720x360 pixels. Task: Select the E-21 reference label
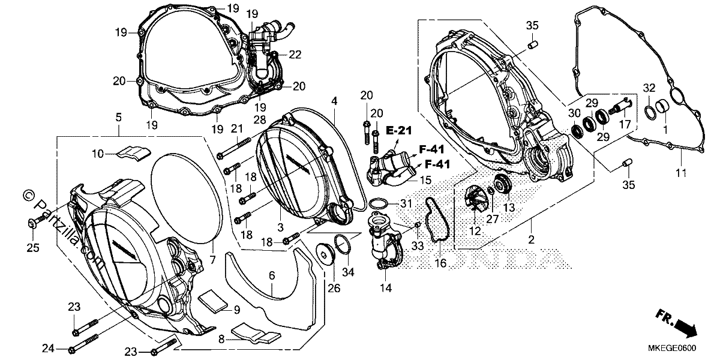click(x=399, y=131)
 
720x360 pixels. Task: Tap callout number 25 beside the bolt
click(x=33, y=247)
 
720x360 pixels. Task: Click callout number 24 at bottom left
click(x=48, y=349)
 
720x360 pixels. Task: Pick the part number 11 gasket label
click(x=681, y=173)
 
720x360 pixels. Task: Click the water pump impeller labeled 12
click(x=473, y=201)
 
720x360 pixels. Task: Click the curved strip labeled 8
click(x=256, y=333)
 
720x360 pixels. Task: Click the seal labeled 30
click(x=577, y=131)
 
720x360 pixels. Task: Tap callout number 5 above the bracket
click(x=119, y=118)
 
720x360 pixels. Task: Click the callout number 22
click(x=295, y=55)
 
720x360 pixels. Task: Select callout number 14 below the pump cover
click(x=386, y=288)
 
